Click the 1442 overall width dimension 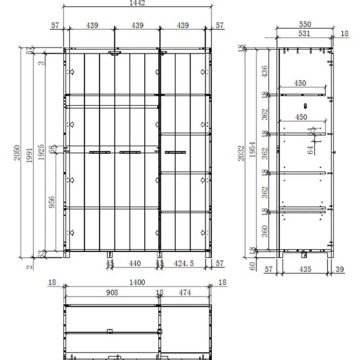click(137, 3)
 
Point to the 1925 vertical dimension click(42, 154)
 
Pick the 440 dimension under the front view click(135, 263)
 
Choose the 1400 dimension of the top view click(137, 283)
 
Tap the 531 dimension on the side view click(303, 34)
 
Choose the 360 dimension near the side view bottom click(264, 231)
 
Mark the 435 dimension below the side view click(305, 270)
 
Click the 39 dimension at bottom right click(339, 270)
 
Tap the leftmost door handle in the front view click(100, 152)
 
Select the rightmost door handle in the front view click(175, 152)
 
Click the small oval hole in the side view click(305, 105)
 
